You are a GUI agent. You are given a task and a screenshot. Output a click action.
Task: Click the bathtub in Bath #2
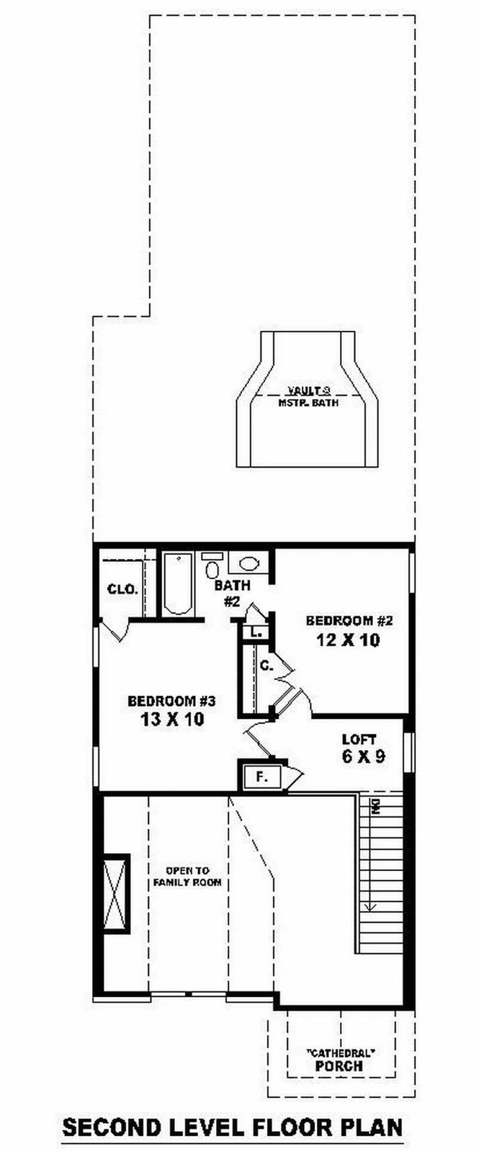pos(178,583)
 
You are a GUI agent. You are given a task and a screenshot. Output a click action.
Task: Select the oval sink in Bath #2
pos(248,563)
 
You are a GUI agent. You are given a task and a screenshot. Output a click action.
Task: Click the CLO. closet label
pos(123,589)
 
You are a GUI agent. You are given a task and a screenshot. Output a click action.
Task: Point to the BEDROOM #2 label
pos(348,621)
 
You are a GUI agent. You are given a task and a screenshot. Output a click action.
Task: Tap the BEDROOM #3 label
pos(171,700)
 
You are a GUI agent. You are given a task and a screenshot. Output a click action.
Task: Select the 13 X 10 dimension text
pos(172,719)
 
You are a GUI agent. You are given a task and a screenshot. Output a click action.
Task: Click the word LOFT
pos(359,739)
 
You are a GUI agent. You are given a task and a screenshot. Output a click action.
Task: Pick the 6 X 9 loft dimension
pos(363,757)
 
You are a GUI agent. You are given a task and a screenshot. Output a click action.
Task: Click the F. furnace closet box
pos(261,777)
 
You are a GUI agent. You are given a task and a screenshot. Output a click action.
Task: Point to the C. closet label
pos(266,664)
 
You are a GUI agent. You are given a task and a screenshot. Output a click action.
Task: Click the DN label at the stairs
pos(375,806)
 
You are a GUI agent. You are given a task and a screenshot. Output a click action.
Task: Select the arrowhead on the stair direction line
pos(371,906)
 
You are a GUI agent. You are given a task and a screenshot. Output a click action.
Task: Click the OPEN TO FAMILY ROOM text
pos(187,876)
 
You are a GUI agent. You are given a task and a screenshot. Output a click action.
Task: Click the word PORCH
pos(339,1066)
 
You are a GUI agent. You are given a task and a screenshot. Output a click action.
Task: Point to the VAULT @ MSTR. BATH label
pos(308,397)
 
